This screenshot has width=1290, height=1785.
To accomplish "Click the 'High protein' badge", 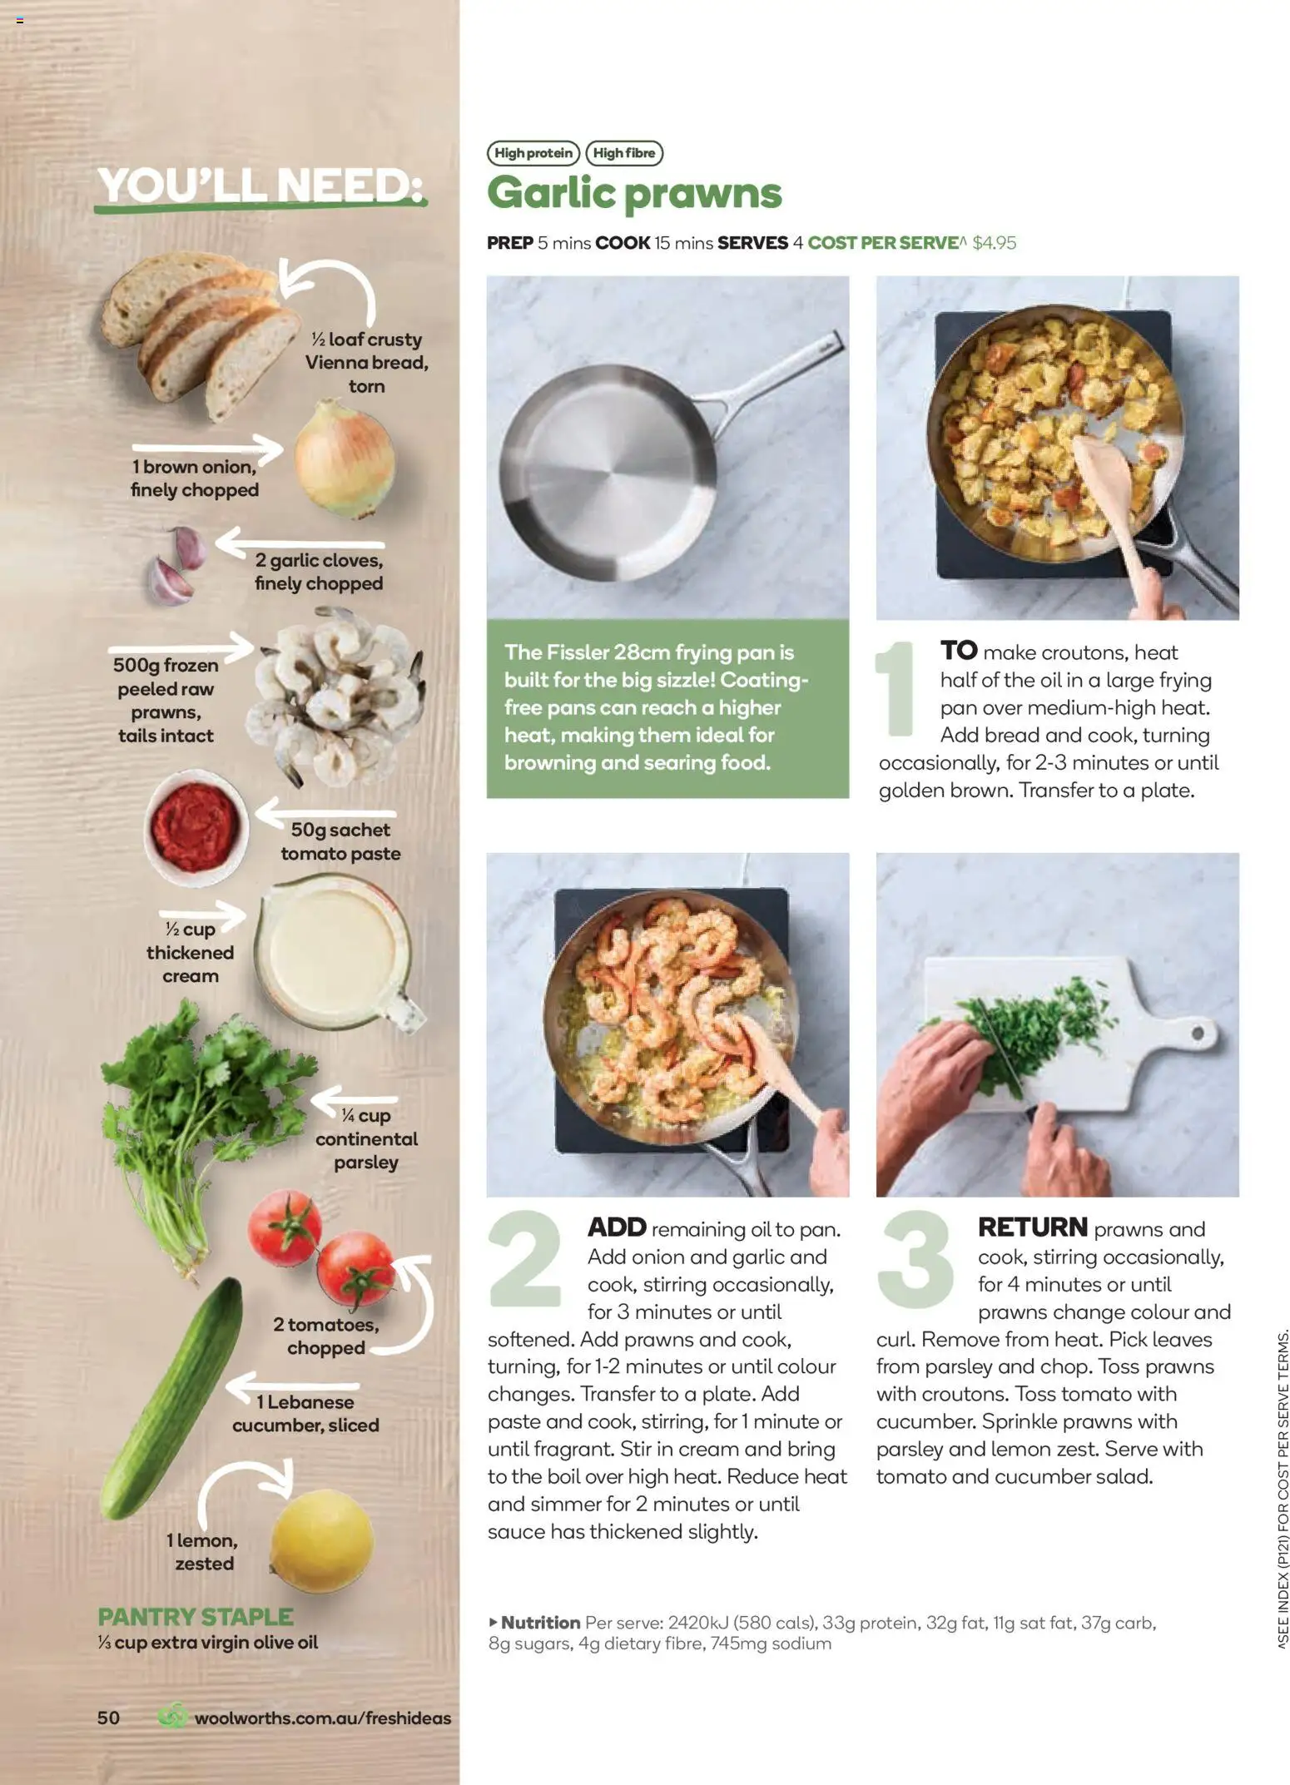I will (533, 153).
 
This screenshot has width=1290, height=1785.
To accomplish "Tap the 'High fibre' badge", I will (624, 153).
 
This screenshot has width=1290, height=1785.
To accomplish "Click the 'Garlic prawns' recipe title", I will (634, 193).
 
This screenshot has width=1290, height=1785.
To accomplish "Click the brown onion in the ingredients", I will (344, 458).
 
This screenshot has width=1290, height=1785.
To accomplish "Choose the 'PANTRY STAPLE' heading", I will (196, 1616).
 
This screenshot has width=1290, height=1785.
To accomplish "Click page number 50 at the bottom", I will (108, 1718).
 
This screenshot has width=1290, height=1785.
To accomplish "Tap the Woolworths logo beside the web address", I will (173, 1717).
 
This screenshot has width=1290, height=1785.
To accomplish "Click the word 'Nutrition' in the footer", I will (540, 1622).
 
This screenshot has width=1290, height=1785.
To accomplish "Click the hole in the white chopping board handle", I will (1197, 1033).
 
